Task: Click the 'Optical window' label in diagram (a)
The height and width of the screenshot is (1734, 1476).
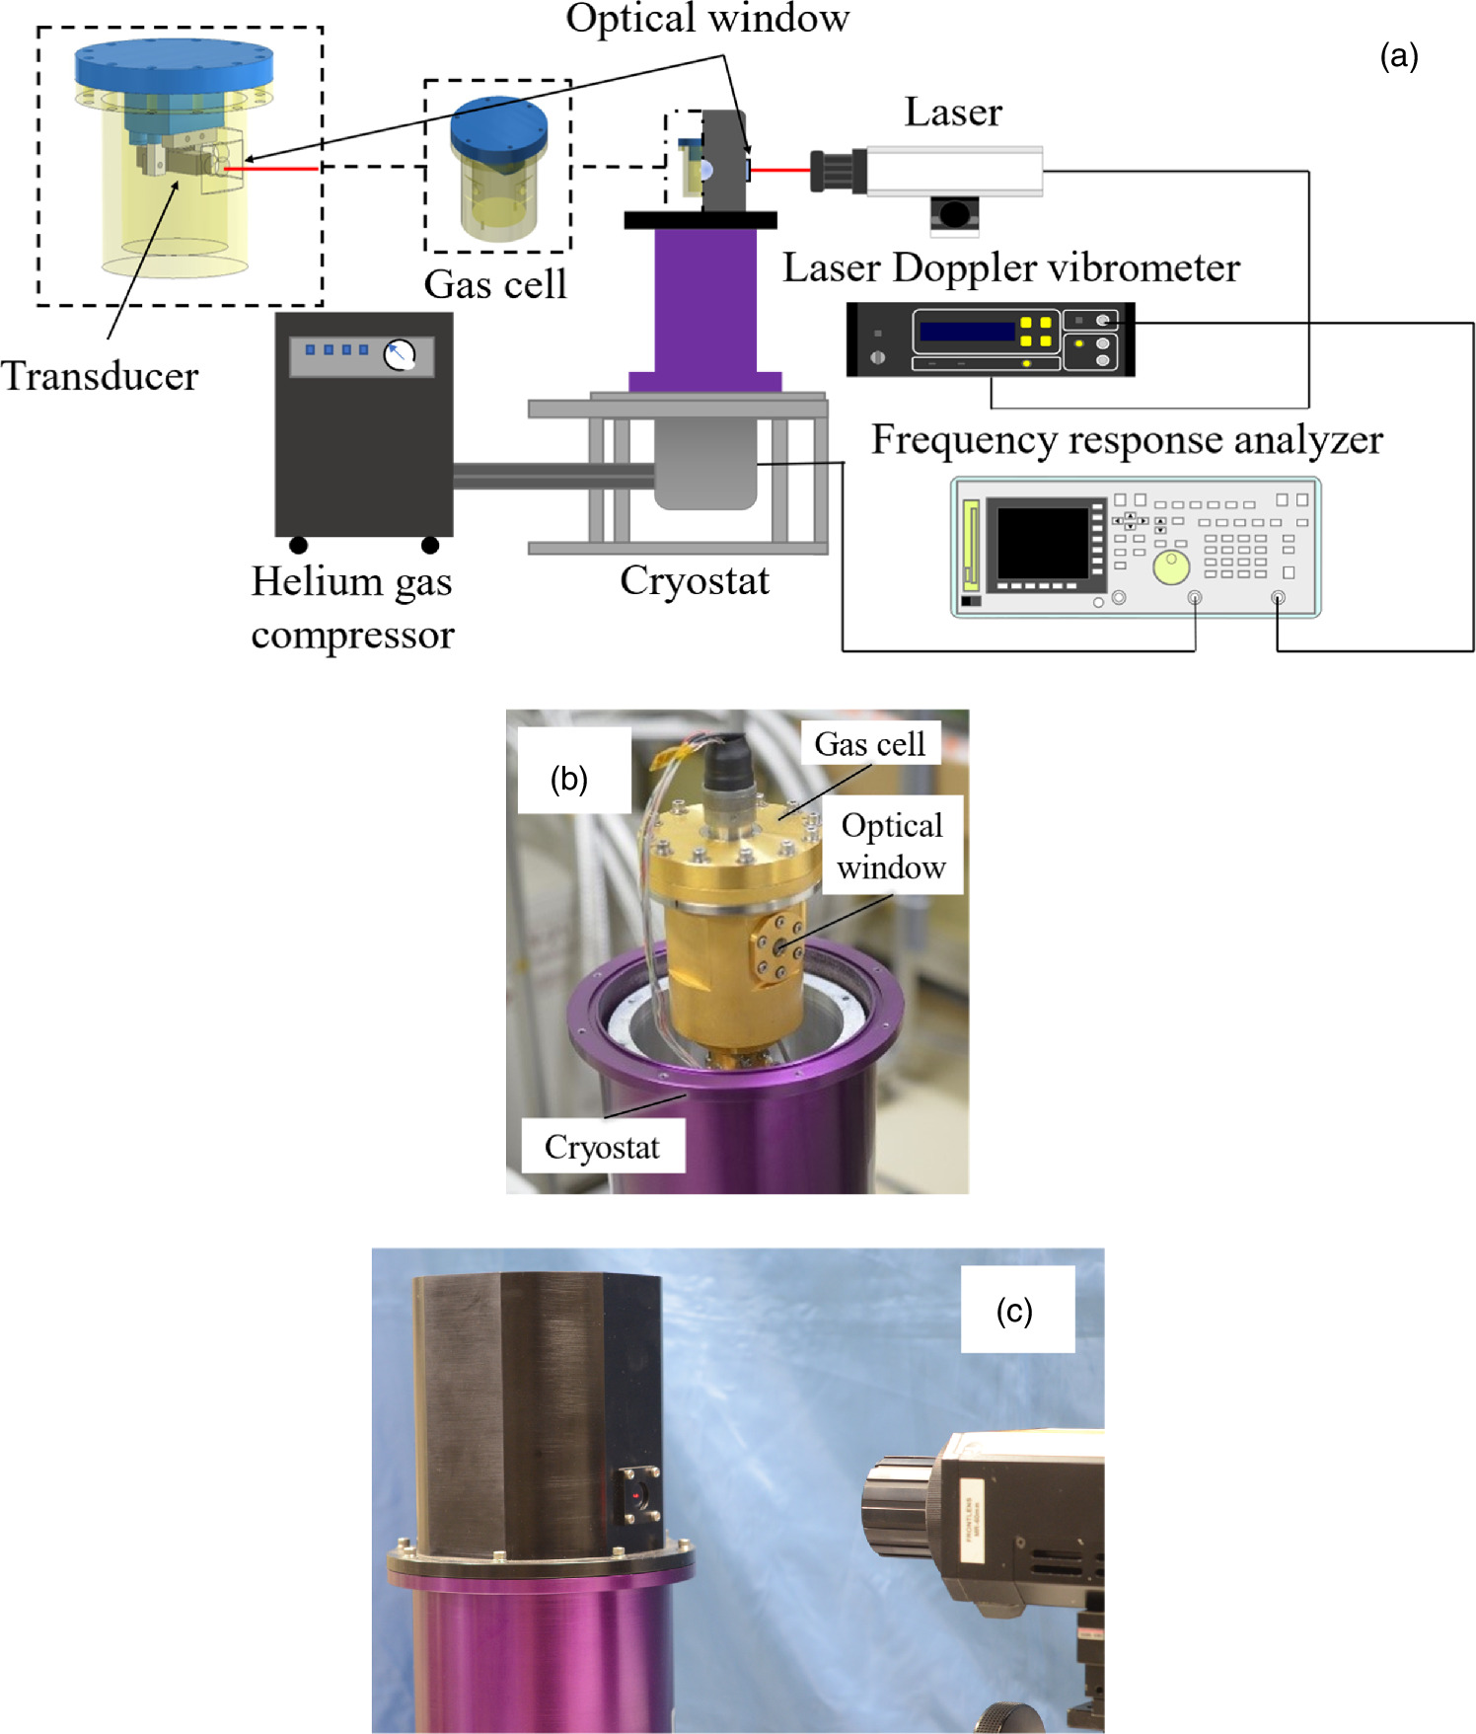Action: coord(706,20)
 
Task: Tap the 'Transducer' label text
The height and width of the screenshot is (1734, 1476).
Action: coord(100,376)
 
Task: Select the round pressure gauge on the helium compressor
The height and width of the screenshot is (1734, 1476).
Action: coord(400,354)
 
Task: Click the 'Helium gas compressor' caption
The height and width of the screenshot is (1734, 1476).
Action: coord(352,607)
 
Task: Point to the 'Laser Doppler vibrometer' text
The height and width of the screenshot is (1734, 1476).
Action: coord(1010,267)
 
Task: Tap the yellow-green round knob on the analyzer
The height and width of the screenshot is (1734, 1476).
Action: coord(1171,567)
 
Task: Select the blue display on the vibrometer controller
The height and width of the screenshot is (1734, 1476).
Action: coord(967,331)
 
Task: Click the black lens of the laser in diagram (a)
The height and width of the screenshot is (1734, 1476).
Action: coord(838,171)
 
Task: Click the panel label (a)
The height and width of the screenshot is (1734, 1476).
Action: coord(1399,56)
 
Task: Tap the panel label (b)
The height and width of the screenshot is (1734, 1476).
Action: coord(569,780)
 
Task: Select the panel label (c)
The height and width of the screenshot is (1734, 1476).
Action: coord(1014,1311)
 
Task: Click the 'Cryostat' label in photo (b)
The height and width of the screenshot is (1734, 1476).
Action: coord(602,1147)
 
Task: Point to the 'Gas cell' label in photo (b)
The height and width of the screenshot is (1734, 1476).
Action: coord(869,744)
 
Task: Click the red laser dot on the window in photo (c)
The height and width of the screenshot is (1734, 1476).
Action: coord(638,1496)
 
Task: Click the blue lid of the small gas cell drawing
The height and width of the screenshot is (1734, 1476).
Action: coord(498,126)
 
